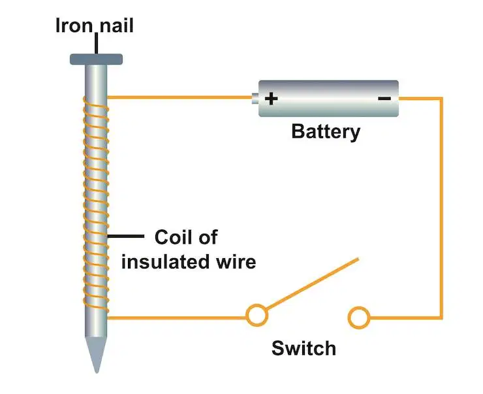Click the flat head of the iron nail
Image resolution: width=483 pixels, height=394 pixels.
pyautogui.click(x=96, y=59)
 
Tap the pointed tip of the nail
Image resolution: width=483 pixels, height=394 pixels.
pyautogui.click(x=97, y=372)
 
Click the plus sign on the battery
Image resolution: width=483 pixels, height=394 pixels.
pyautogui.click(x=271, y=99)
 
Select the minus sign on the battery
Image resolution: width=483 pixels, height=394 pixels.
pyautogui.click(x=384, y=99)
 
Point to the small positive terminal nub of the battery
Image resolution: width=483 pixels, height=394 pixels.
pyautogui.click(x=255, y=99)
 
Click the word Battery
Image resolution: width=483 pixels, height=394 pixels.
pyautogui.click(x=326, y=132)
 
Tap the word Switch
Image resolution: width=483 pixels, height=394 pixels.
pyautogui.click(x=304, y=348)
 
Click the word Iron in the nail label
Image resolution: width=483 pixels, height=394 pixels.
pyautogui.click(x=74, y=25)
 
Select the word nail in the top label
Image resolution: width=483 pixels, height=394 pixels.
pyautogui.click(x=117, y=25)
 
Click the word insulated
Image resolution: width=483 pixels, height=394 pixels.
pyautogui.click(x=165, y=262)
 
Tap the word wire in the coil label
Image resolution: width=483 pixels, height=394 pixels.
pyautogui.click(x=236, y=263)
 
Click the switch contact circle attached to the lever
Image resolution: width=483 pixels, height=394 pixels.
pyautogui.click(x=257, y=316)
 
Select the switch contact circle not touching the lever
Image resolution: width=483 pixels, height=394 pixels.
pyautogui.click(x=359, y=318)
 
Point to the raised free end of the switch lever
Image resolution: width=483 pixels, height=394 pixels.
pyautogui.click(x=358, y=259)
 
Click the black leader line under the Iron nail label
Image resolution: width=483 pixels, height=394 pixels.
pyautogui.click(x=97, y=44)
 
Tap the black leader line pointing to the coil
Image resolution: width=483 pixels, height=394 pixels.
pyautogui.click(x=126, y=236)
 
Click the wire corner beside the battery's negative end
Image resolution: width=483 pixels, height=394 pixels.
pyautogui.click(x=441, y=99)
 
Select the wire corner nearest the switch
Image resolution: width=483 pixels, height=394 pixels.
pyautogui.click(x=441, y=317)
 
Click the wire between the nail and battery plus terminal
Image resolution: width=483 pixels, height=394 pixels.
pyautogui.click(x=179, y=97)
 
